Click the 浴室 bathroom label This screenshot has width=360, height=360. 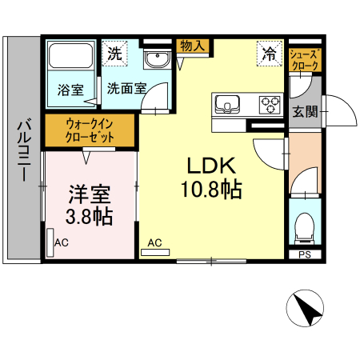(x=70, y=90)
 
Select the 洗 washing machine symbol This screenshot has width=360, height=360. (x=116, y=54)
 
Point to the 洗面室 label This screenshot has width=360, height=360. (x=126, y=90)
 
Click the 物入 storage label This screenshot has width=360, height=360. (x=192, y=46)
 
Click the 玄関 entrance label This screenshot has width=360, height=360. (x=305, y=110)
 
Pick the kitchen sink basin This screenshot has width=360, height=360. (x=228, y=103)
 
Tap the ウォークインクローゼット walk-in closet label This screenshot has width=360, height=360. (x=90, y=130)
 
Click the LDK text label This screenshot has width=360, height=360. (x=210, y=166)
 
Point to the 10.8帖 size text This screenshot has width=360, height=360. (x=210, y=190)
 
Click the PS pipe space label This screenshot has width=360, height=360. (x=304, y=255)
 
